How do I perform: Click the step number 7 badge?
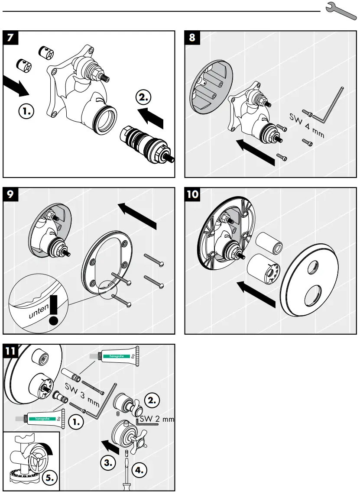(x=12, y=38)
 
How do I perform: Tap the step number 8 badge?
(x=193, y=38)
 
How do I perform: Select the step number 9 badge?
(x=12, y=194)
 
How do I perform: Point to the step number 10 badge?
(x=193, y=194)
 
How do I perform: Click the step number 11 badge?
(x=12, y=351)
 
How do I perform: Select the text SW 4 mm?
(x=307, y=126)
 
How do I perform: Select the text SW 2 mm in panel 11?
(x=157, y=419)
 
